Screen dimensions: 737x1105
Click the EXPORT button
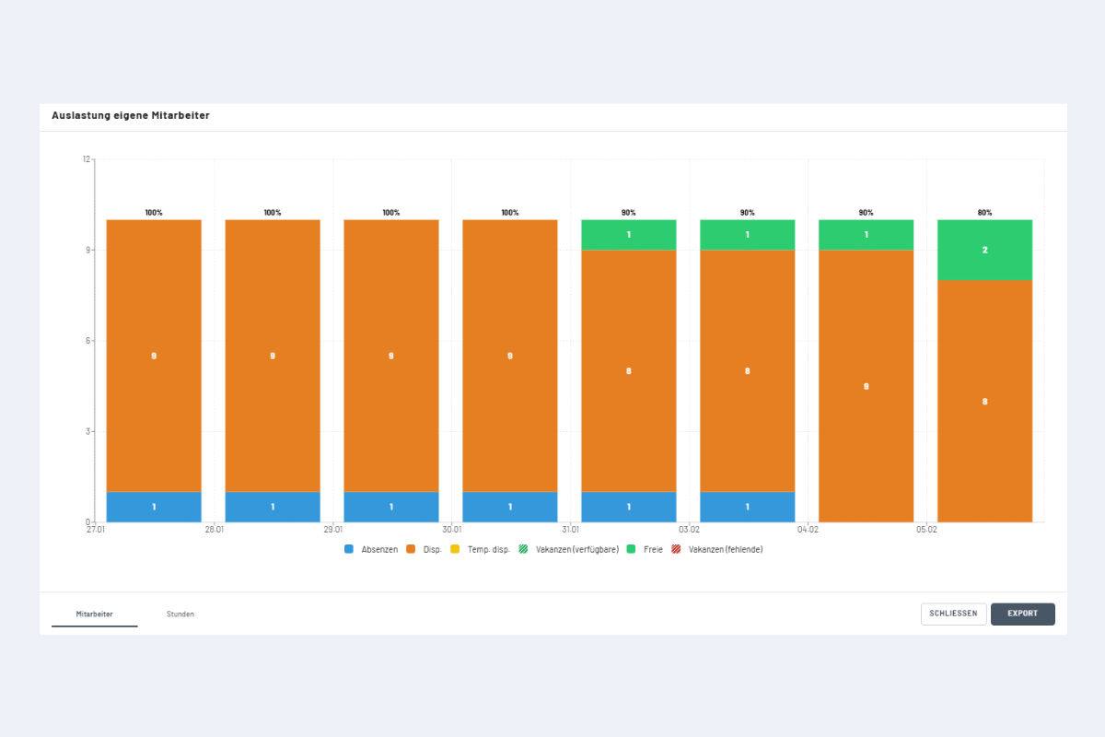coord(1022,614)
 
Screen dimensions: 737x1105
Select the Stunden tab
coord(180,614)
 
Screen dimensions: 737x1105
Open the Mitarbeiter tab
coord(95,614)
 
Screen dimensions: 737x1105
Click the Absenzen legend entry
coord(372,549)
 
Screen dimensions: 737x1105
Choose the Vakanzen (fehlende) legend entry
coord(718,549)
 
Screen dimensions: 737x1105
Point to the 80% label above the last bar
coord(984,213)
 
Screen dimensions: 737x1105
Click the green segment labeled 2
coord(984,250)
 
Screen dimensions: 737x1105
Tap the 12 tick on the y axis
coord(87,159)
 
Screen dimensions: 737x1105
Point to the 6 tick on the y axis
coord(89,341)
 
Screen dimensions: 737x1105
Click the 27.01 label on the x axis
coord(96,530)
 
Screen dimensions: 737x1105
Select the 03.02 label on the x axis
coord(690,530)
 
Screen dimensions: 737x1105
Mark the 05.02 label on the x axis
coord(927,530)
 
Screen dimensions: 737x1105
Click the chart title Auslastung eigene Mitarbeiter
coord(131,116)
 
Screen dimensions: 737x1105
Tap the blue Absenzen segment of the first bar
coord(154,507)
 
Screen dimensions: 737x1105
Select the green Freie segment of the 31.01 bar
coord(629,235)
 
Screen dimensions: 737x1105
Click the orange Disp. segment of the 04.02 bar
coord(866,386)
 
